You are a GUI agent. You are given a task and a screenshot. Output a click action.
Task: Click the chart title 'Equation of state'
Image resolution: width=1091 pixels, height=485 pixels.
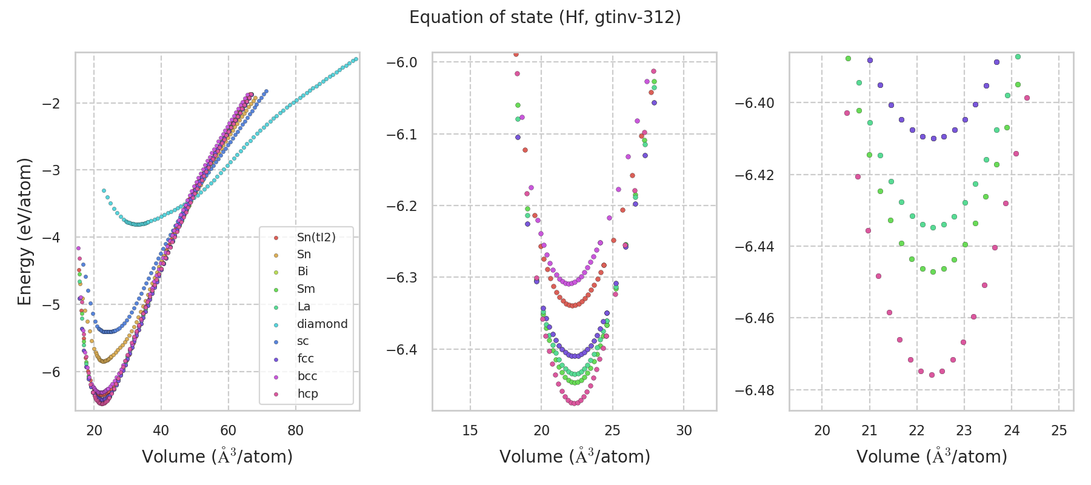[x=545, y=18]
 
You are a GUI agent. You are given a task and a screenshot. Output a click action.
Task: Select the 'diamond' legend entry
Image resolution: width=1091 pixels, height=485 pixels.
[x=322, y=324]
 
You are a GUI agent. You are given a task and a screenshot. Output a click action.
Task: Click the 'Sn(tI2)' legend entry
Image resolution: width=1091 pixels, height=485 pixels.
[x=316, y=237]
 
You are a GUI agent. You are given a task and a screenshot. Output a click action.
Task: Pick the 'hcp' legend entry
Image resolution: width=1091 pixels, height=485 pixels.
[x=307, y=394]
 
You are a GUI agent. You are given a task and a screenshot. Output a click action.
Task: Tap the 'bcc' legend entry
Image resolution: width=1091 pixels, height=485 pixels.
[x=307, y=376]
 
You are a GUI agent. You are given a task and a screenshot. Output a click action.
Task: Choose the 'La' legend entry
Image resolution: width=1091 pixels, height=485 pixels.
[x=304, y=307]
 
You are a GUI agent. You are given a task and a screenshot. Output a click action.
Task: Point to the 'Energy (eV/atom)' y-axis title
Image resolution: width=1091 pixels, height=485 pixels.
[x=24, y=232]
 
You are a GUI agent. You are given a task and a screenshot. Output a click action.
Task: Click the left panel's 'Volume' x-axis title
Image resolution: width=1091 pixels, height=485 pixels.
[x=217, y=457]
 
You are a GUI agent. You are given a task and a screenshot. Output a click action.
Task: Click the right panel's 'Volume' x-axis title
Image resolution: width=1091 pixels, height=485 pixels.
[x=932, y=457]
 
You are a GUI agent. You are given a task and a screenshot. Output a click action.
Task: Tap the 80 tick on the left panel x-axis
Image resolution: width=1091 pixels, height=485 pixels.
[x=295, y=431]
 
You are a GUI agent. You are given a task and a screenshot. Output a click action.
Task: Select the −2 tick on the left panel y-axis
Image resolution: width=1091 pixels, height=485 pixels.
[x=51, y=104]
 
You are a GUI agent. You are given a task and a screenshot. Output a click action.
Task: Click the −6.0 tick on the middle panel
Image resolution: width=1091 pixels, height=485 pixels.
[x=402, y=62]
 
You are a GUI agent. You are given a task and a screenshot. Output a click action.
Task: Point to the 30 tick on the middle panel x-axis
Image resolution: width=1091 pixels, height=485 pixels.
[x=684, y=431]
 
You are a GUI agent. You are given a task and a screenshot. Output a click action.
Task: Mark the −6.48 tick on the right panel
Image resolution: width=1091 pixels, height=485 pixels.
[x=755, y=390]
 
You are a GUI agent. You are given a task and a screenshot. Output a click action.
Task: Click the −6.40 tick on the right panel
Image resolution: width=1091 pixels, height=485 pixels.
[x=755, y=103]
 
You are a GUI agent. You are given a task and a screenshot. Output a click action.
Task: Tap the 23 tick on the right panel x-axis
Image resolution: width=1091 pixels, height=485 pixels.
[x=964, y=431]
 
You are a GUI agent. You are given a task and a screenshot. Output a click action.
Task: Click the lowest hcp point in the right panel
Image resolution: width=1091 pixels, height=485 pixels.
[x=932, y=375]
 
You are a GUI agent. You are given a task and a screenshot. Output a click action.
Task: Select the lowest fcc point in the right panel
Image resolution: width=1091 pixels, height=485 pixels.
[x=933, y=138]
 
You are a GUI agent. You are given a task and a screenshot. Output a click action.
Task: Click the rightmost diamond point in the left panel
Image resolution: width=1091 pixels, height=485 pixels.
[x=356, y=59]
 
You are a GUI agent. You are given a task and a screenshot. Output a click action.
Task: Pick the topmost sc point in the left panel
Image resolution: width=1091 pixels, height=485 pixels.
[x=266, y=91]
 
